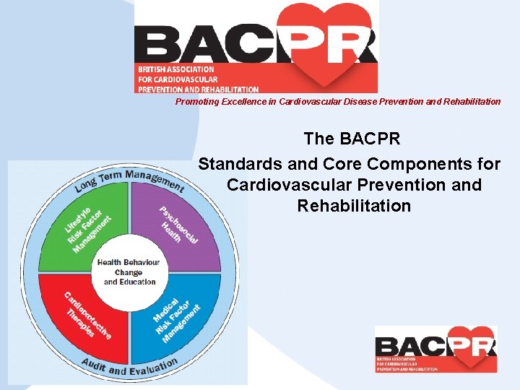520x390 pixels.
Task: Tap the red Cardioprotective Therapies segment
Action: tap(87, 318)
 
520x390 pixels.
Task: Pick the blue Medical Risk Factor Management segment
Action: tap(177, 318)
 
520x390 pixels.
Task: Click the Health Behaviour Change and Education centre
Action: tap(129, 272)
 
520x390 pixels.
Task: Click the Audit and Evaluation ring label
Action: tap(129, 366)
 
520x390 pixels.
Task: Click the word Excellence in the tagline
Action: tap(241, 102)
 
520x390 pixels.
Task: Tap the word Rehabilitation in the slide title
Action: tap(354, 206)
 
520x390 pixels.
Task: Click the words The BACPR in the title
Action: tap(352, 137)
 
